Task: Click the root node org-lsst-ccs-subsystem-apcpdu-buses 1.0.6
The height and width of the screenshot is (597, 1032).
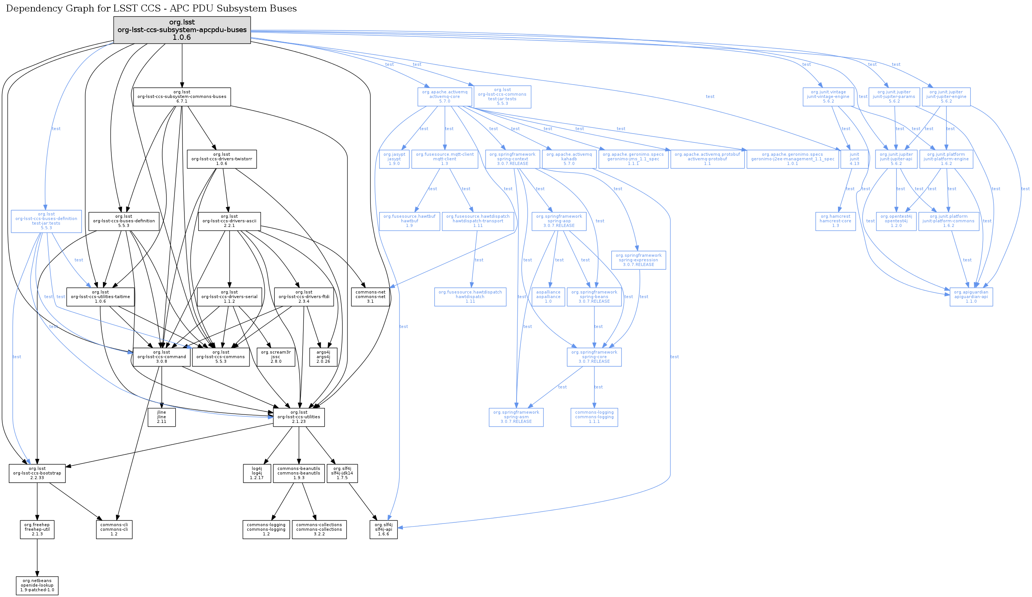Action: click(x=182, y=30)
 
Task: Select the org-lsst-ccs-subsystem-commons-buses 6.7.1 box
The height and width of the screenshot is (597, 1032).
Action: click(x=182, y=97)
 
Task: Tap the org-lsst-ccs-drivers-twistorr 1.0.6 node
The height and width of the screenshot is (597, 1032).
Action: click(x=222, y=159)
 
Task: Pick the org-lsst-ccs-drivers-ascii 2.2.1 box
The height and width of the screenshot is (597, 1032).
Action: click(x=229, y=221)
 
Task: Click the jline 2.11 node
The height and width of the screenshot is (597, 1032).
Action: click(x=162, y=417)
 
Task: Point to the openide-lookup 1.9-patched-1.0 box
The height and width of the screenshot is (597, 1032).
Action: click(x=37, y=586)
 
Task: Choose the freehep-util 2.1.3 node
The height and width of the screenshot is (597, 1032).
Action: click(x=37, y=529)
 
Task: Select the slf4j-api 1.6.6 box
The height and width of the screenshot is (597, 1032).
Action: click(x=383, y=529)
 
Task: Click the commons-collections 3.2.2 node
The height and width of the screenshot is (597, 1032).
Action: click(x=319, y=529)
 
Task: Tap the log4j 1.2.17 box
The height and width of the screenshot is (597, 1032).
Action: click(x=257, y=473)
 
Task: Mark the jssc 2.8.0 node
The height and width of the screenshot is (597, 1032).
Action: click(x=276, y=357)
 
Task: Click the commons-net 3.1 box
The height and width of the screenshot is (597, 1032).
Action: click(x=370, y=297)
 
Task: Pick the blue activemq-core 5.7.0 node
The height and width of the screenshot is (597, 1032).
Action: click(x=445, y=97)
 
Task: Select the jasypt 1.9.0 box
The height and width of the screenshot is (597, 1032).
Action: click(x=394, y=159)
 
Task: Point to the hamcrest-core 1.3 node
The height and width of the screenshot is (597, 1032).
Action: click(x=835, y=221)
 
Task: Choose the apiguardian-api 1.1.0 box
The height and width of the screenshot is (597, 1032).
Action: click(x=971, y=297)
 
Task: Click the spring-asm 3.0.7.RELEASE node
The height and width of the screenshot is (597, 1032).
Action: click(x=516, y=417)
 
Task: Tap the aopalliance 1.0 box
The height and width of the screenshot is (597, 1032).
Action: click(x=548, y=297)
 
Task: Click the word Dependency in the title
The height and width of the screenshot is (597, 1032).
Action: click(x=34, y=8)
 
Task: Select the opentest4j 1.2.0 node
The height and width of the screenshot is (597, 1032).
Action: click(x=896, y=221)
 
